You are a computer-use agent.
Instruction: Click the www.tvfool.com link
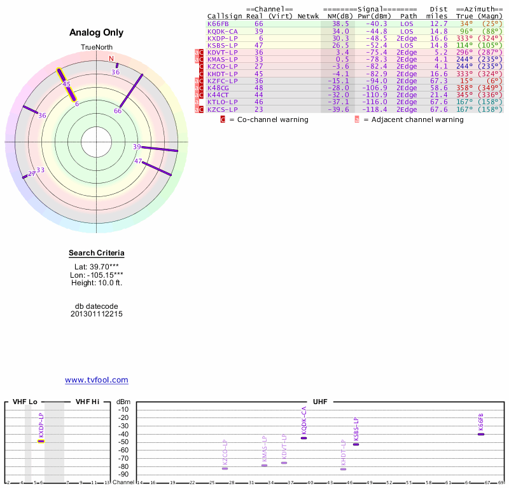pos(97,380)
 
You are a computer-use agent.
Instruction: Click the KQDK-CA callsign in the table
pos(222,31)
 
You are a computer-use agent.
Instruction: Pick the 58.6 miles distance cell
pos(438,88)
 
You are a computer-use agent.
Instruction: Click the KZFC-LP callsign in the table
pos(222,81)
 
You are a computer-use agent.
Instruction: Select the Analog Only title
pos(97,32)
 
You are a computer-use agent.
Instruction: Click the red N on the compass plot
pos(111,59)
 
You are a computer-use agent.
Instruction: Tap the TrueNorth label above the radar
pos(96,48)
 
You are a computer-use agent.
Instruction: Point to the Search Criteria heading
pos(97,254)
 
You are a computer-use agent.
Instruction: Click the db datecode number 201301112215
pos(97,314)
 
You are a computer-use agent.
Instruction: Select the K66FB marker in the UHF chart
pos(481,434)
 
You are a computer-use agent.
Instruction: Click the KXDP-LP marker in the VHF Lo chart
pos(41,440)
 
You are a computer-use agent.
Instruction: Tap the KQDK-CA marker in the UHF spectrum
pos(304,438)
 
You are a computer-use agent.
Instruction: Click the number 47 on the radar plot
pos(138,161)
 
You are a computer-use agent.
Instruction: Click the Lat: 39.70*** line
pos(97,267)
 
